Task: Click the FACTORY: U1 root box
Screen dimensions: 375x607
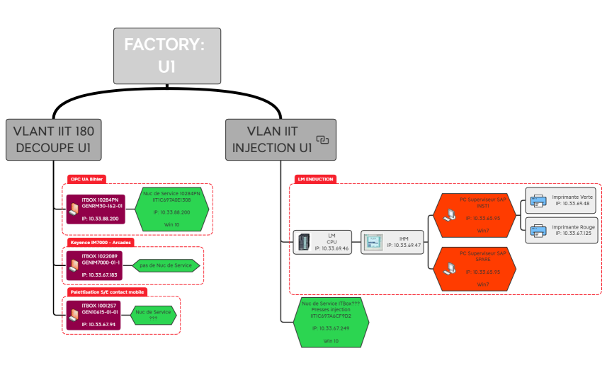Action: click(x=167, y=55)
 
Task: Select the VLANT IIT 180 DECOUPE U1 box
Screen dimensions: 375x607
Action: click(x=53, y=139)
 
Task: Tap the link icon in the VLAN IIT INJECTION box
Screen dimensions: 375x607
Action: click(x=323, y=140)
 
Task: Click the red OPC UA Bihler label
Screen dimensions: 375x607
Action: click(x=86, y=179)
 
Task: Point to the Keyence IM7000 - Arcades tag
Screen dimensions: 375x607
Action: click(x=99, y=241)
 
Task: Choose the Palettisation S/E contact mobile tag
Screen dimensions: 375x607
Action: click(x=106, y=292)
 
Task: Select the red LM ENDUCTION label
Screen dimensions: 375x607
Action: click(x=316, y=179)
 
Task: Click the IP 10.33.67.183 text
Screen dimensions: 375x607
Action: click(x=99, y=274)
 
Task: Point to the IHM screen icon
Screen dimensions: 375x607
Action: click(x=373, y=242)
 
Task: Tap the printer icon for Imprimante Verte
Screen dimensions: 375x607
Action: click(x=538, y=200)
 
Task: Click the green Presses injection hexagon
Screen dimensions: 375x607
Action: click(x=331, y=322)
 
